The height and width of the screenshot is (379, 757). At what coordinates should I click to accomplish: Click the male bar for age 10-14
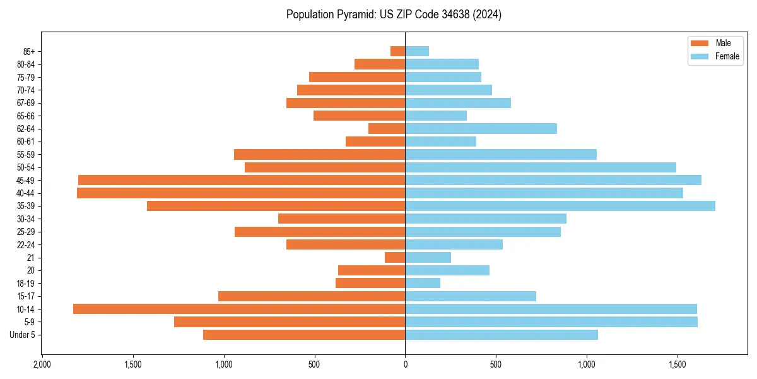point(239,309)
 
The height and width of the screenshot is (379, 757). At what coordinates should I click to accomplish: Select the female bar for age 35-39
point(560,206)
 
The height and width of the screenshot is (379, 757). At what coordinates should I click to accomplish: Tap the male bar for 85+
point(398,51)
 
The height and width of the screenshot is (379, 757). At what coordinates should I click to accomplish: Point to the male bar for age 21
point(395,258)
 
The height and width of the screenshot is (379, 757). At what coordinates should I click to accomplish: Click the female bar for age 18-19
point(423,283)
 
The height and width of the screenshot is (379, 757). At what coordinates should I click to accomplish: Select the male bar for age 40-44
point(241,193)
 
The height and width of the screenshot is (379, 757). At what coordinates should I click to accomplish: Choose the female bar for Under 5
point(502,335)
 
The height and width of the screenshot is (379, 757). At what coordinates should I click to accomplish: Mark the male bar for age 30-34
point(342,219)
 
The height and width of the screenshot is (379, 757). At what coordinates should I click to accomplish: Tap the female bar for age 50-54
point(541,167)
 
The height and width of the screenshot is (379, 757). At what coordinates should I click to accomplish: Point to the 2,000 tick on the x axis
point(42,365)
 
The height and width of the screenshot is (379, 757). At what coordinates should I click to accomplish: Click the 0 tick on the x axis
point(405,365)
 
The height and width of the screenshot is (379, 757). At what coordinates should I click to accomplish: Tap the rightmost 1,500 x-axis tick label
point(678,365)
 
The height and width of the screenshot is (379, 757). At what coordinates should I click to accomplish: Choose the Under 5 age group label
point(23,335)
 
